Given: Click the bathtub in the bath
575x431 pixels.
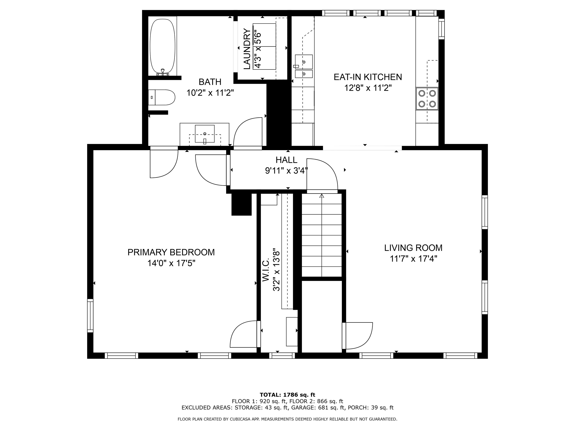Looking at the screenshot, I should [163, 46].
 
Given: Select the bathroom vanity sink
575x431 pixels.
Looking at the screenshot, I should [205, 134].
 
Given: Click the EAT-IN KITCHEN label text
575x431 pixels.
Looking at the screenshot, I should [368, 77].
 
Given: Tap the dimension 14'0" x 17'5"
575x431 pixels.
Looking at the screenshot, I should [171, 263].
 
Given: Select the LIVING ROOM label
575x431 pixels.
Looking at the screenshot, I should [413, 248].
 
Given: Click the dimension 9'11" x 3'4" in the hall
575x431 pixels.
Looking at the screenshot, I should [286, 171].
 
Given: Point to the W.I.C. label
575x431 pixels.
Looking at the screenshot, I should [265, 270].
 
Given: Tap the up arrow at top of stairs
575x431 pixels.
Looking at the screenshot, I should [322, 196].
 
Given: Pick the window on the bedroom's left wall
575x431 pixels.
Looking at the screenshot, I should [90, 316].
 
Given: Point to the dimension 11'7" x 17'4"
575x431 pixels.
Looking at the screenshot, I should [413, 259].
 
